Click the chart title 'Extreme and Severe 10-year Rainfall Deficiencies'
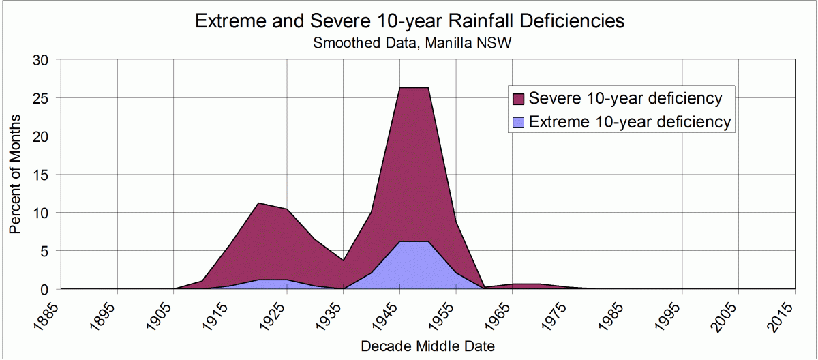tap(410, 21)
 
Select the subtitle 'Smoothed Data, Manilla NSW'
tap(410, 43)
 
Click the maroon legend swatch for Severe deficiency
tap(519, 99)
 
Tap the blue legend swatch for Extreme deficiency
tap(519, 123)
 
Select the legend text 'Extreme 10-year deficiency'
tap(630, 123)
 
